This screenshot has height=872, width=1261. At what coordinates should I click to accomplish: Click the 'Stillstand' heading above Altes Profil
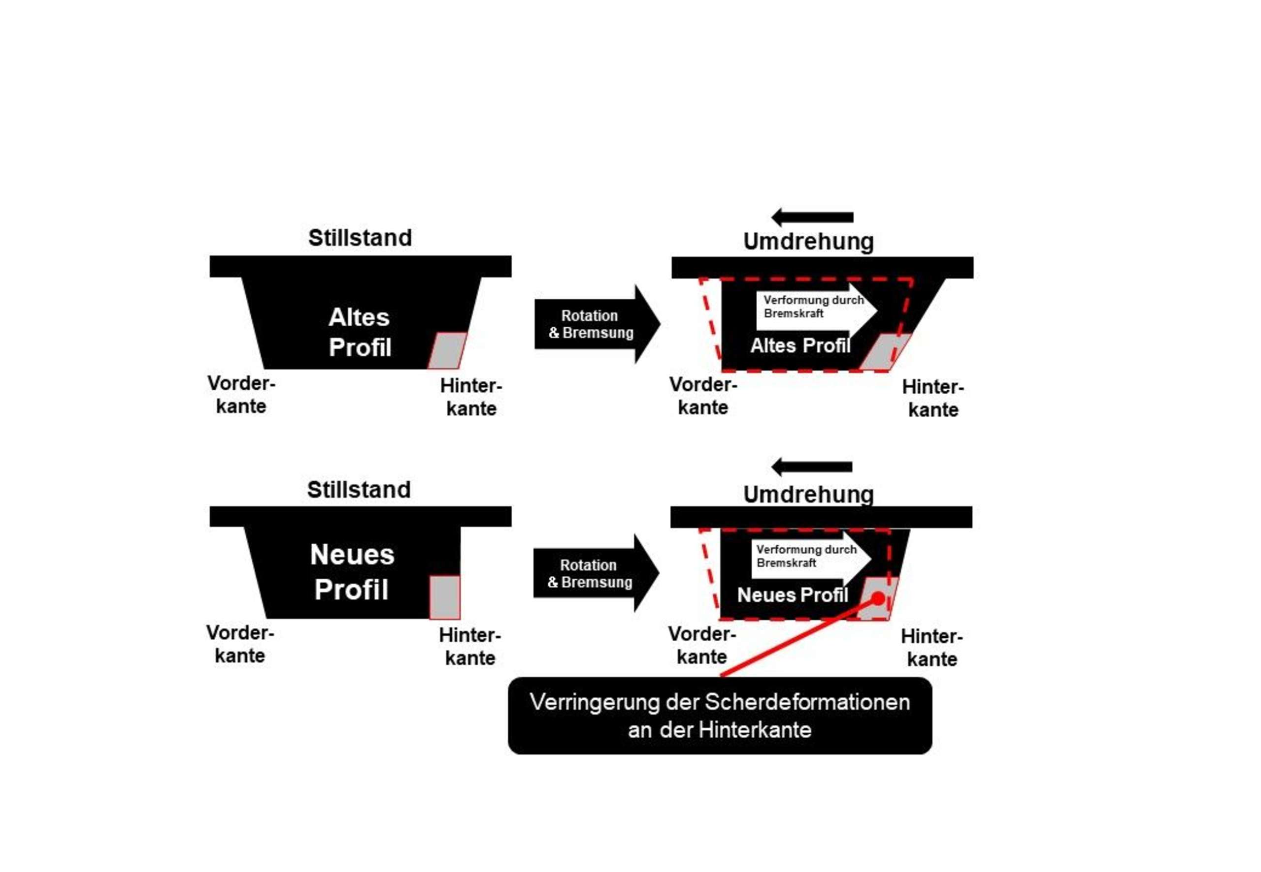pyautogui.click(x=360, y=238)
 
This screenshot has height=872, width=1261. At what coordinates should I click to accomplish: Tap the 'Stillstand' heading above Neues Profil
pyautogui.click(x=359, y=490)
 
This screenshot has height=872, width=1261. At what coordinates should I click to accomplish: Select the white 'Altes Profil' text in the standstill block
pyautogui.click(x=360, y=332)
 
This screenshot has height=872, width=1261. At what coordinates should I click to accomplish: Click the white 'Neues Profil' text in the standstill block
pyautogui.click(x=352, y=572)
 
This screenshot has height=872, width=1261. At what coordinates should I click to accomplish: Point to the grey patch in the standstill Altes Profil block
pyautogui.click(x=447, y=350)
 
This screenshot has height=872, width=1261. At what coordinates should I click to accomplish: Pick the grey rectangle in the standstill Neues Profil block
pyautogui.click(x=445, y=597)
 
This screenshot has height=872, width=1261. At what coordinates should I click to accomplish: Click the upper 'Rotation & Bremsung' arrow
pyautogui.click(x=597, y=324)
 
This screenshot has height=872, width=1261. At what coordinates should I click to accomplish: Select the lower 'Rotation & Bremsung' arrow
pyautogui.click(x=596, y=573)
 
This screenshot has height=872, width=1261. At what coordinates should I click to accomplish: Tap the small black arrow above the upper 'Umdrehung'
pyautogui.click(x=812, y=218)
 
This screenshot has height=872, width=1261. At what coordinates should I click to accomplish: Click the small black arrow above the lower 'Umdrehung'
pyautogui.click(x=811, y=467)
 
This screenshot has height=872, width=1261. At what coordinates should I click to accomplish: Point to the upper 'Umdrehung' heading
pyautogui.click(x=808, y=241)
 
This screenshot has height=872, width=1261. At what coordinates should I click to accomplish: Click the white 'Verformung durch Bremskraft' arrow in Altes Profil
pyautogui.click(x=816, y=311)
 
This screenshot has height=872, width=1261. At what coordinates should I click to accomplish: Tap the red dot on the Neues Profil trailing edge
pyautogui.click(x=878, y=599)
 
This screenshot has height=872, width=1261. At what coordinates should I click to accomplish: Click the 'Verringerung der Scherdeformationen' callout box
pyautogui.click(x=720, y=716)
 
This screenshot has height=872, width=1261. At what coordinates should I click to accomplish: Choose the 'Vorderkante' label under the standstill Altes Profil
pyautogui.click(x=241, y=395)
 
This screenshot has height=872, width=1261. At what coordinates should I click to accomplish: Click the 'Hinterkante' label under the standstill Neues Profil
pyautogui.click(x=470, y=646)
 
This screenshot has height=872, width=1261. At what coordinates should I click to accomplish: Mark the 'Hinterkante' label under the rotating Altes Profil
pyautogui.click(x=933, y=398)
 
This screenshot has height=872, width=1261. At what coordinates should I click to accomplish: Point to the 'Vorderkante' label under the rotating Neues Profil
pyautogui.click(x=702, y=645)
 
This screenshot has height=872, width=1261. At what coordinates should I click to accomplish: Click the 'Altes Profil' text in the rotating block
pyautogui.click(x=800, y=345)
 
